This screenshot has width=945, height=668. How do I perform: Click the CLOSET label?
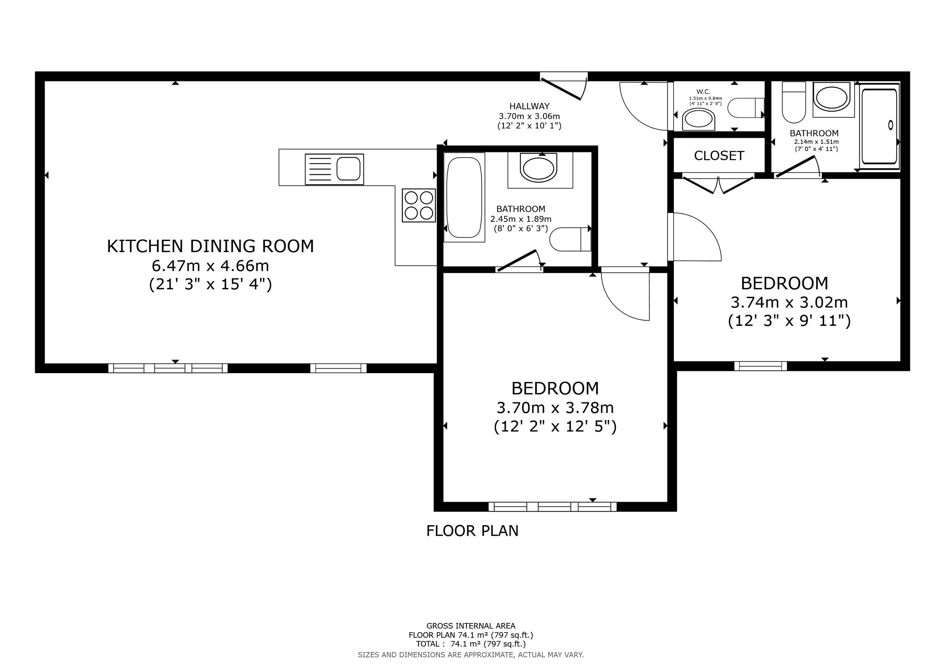click(x=719, y=156)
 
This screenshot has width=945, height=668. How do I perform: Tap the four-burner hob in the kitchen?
click(x=419, y=205)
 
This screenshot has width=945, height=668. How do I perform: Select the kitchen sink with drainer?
click(x=334, y=169)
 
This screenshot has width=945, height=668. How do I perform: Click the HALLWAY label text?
click(x=529, y=106)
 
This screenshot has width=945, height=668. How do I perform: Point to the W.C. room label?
click(x=704, y=92)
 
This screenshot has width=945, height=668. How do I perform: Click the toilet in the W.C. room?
click(x=746, y=108)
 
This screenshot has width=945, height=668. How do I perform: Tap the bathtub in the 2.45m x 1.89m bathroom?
click(x=464, y=197)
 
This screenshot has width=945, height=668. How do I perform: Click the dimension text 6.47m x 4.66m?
click(x=210, y=266)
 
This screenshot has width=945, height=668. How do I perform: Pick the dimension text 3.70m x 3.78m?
click(x=555, y=408)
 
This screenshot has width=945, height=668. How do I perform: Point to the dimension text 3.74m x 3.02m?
click(x=789, y=303)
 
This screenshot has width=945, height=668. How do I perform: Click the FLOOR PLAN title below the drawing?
click(x=472, y=531)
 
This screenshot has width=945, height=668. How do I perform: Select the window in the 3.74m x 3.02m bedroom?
click(x=760, y=366)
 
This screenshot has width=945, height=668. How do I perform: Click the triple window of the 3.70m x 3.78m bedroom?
click(x=552, y=507)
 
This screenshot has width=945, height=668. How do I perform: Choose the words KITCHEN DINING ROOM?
click(x=210, y=246)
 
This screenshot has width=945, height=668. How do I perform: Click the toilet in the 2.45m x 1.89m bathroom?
click(x=570, y=239)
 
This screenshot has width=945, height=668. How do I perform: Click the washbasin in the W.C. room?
click(x=698, y=120)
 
